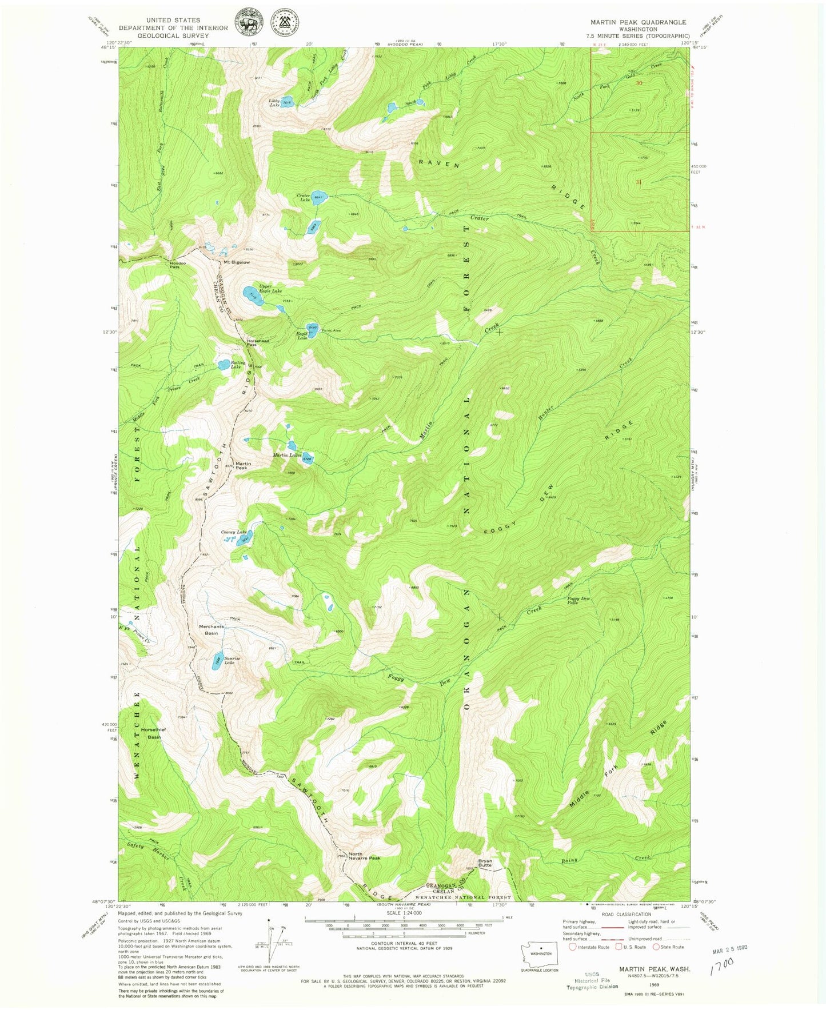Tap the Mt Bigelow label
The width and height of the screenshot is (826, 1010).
[x=236, y=263]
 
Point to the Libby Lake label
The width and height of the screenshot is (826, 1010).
[x=274, y=103]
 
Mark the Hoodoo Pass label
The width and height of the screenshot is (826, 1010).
[x=175, y=265]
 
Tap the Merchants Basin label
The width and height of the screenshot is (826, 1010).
[x=211, y=630]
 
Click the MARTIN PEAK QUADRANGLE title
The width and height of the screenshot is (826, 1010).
[x=639, y=22]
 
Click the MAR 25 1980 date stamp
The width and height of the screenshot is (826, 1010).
[x=730, y=948]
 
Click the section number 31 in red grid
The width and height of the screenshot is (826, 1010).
[x=639, y=182]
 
